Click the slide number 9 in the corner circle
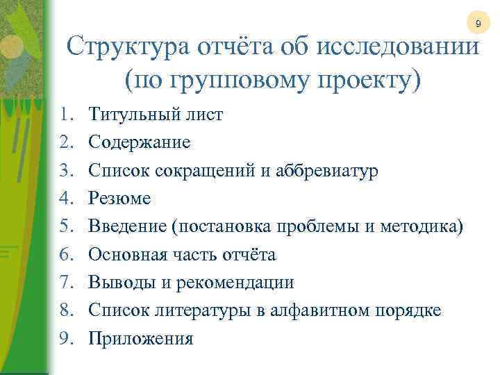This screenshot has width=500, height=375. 478,25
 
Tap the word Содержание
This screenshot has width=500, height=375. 140,142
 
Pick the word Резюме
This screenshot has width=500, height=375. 120,199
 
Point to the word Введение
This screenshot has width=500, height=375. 128,227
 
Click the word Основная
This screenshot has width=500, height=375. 128,255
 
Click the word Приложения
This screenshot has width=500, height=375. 141,340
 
